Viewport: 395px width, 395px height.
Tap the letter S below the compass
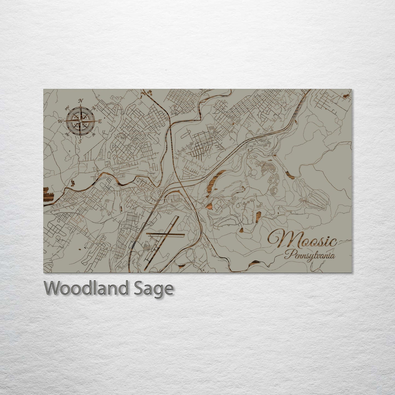pyautogui.click(x=80, y=141)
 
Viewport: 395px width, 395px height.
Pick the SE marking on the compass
pyautogui.click(x=94, y=134)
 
